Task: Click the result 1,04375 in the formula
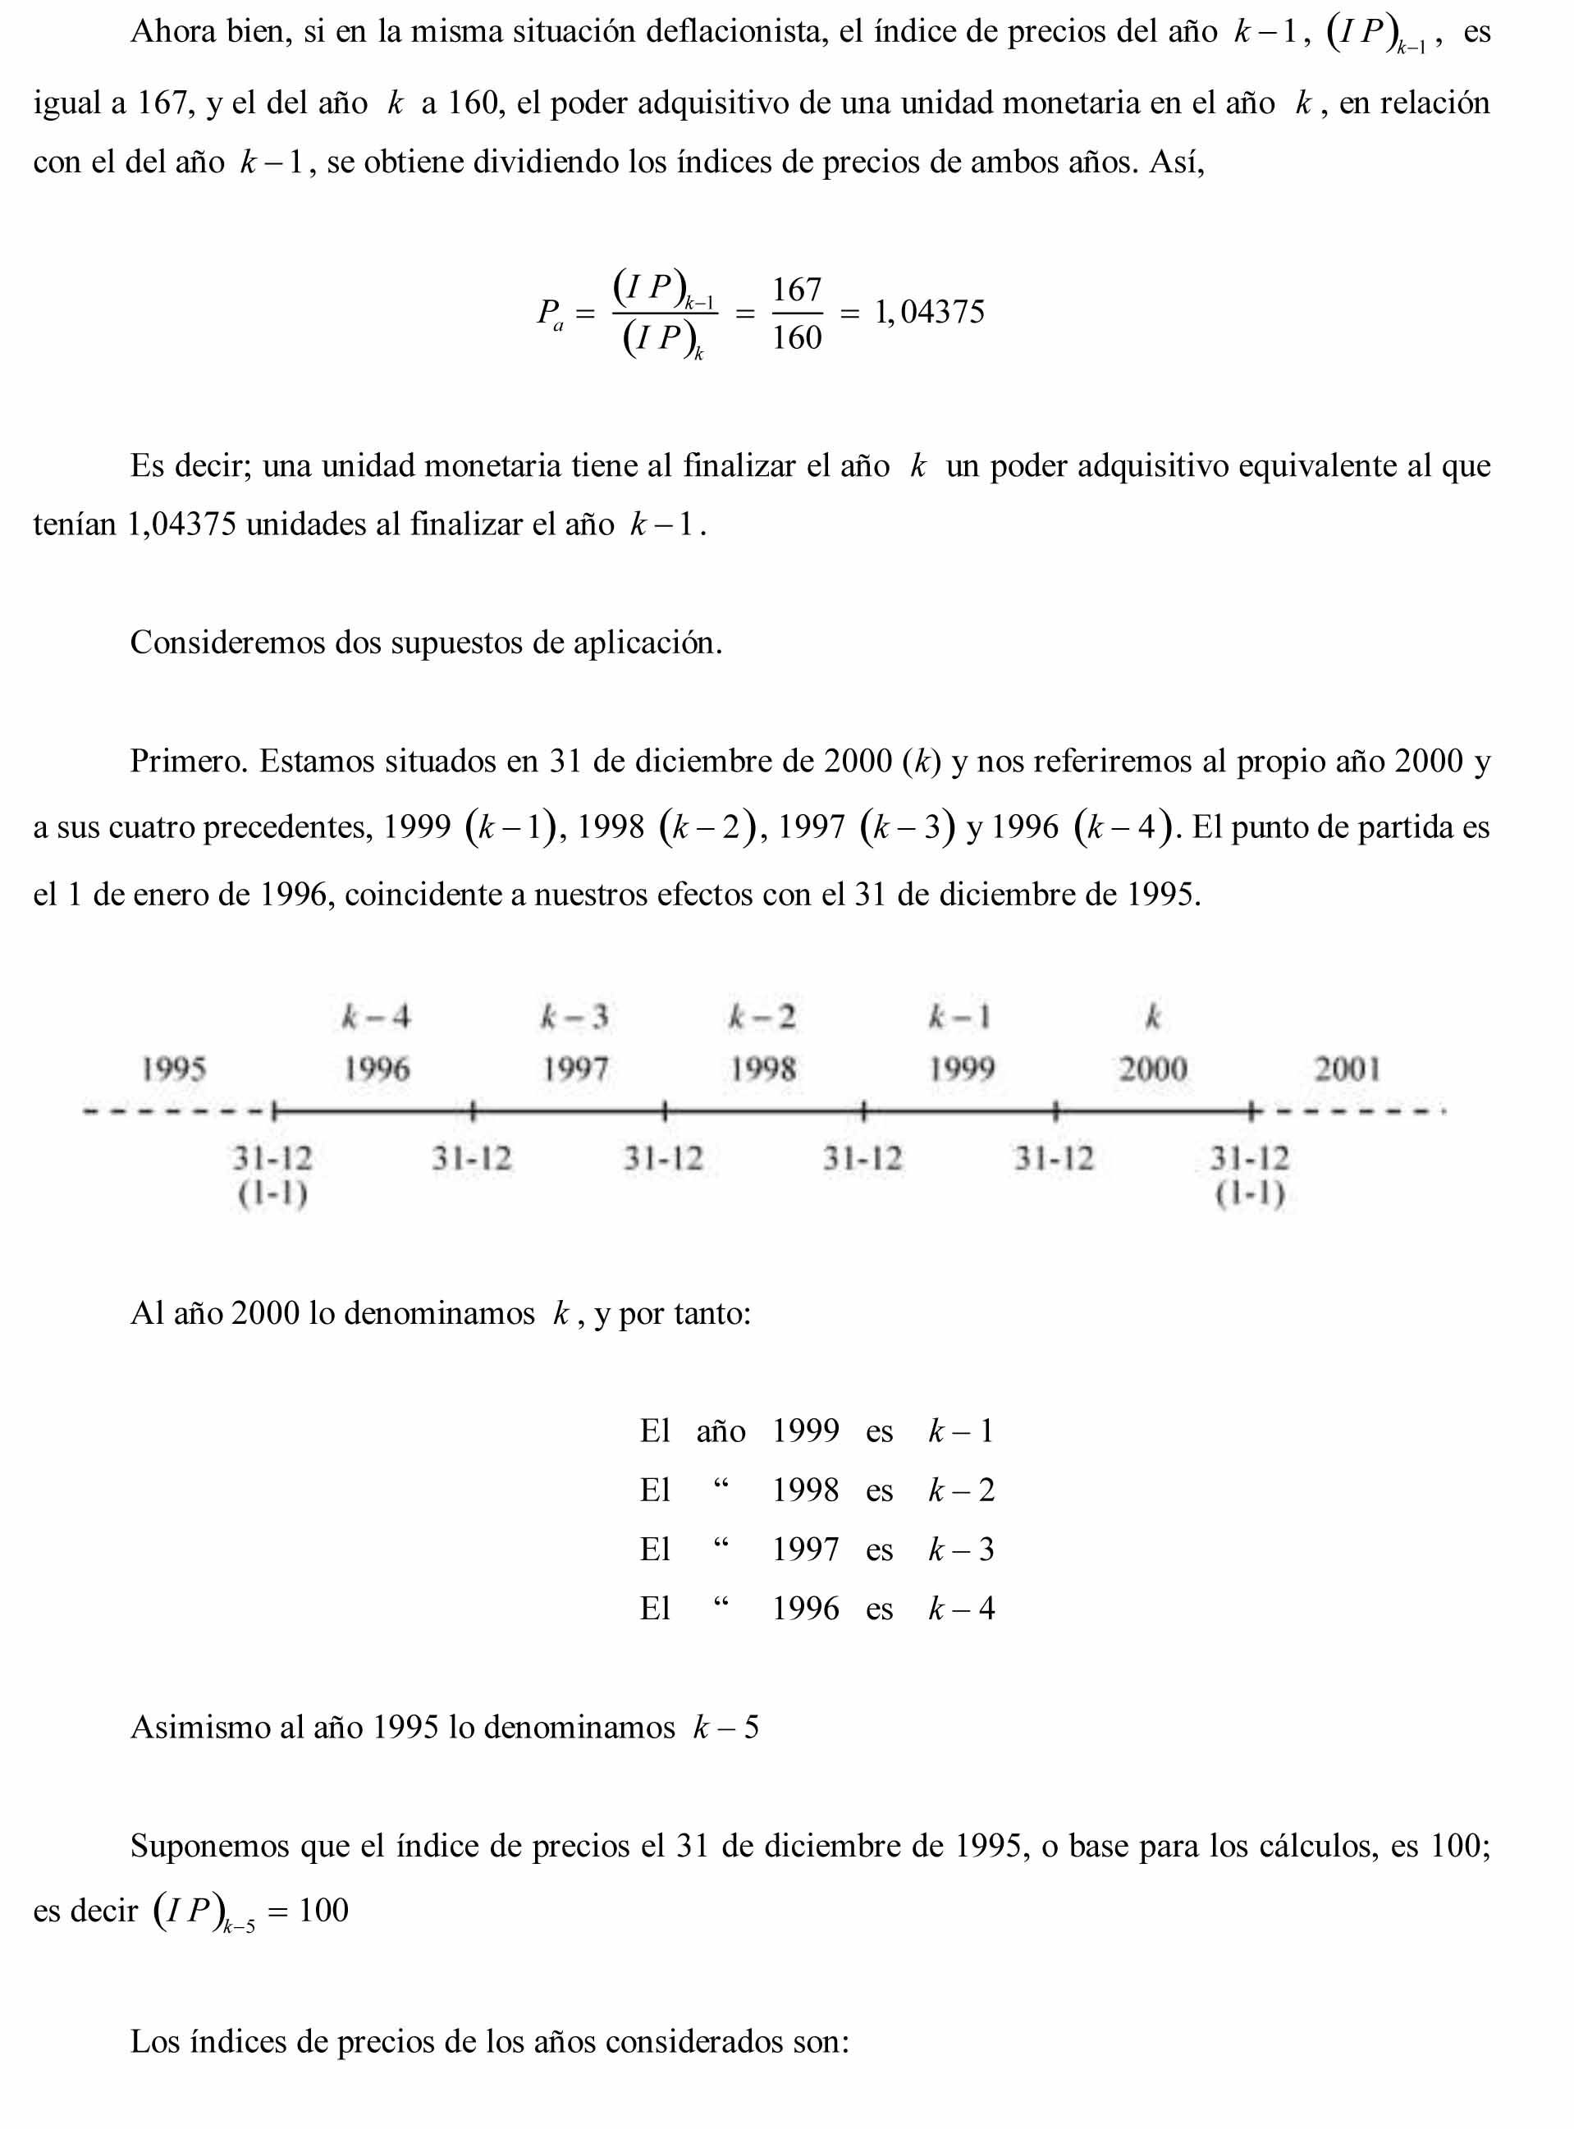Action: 929,312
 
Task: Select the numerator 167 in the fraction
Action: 797,289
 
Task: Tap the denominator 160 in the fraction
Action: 797,337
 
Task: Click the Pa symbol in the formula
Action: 550,314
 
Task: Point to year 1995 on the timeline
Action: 173,1069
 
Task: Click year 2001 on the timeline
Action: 1347,1069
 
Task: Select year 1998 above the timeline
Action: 762,1069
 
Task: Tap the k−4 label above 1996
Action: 377,1018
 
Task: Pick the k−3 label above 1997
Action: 574,1018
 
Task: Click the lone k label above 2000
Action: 1153,1018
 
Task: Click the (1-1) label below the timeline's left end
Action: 272,1193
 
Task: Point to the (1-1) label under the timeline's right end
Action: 1250,1193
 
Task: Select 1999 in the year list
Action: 805,1431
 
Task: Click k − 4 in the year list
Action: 961,1609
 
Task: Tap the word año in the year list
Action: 721,1431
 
